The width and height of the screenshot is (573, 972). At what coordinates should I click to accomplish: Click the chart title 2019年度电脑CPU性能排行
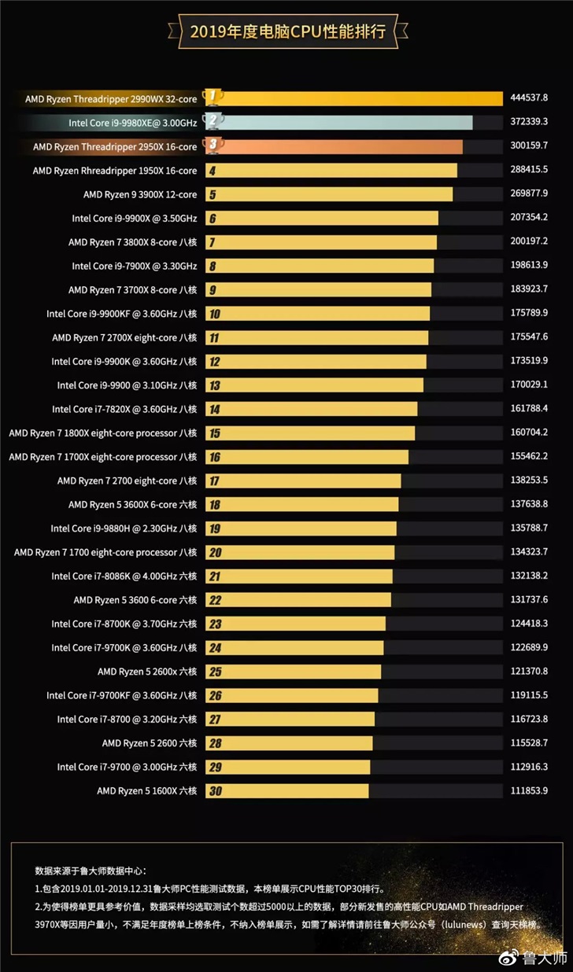point(287,32)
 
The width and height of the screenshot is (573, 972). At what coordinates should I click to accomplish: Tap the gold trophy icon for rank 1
point(213,97)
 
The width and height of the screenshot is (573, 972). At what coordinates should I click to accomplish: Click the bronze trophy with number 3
point(213,145)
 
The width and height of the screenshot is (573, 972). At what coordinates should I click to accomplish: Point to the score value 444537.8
point(529,98)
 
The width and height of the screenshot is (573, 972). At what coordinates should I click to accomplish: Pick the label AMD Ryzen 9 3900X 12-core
point(140,194)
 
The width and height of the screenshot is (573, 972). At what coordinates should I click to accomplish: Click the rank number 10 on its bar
point(214,315)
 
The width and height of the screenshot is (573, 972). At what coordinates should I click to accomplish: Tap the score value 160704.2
point(529,433)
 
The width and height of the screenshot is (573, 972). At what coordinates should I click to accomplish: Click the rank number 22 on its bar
point(214,601)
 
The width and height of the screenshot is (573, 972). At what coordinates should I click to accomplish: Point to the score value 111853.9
point(529,790)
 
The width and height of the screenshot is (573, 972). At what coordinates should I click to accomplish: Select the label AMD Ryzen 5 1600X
point(147,790)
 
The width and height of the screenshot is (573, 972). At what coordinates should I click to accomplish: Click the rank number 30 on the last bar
point(214,791)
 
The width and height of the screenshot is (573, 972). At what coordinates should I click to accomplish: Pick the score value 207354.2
point(529,218)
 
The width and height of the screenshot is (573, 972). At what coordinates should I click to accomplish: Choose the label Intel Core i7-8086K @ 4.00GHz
point(124,576)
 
